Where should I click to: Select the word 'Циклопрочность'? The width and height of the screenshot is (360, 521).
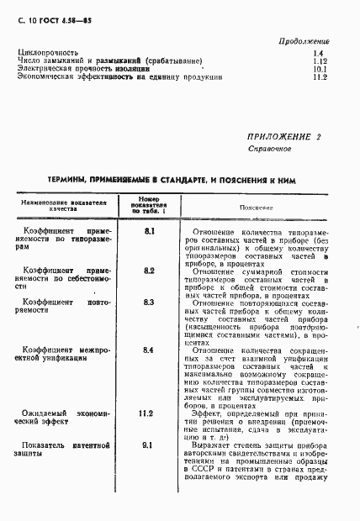[49, 53]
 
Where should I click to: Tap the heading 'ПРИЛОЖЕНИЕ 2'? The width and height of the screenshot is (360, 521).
[284, 135]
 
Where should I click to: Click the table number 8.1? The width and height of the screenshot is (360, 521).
[149, 230]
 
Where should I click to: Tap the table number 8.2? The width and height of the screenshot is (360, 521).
[149, 271]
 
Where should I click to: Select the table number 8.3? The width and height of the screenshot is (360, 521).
[149, 301]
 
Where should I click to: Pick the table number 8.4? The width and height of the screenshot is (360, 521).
[149, 350]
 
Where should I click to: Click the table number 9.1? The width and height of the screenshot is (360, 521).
[147, 445]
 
